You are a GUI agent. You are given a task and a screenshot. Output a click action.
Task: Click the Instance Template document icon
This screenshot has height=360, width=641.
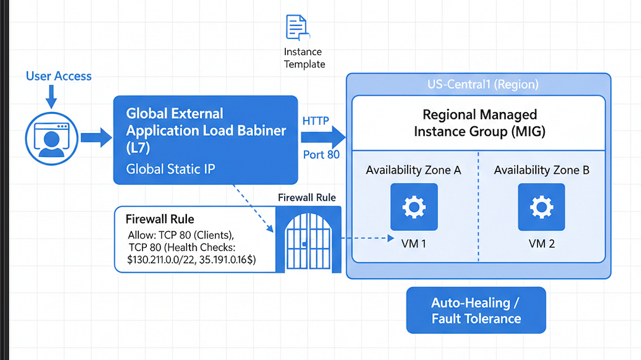point(298,27)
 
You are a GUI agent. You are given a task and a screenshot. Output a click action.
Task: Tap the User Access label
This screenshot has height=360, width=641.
point(59,76)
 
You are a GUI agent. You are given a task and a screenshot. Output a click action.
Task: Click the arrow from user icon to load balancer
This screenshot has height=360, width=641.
point(96,138)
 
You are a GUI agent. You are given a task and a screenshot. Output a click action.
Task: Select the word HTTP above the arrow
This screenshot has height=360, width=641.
point(316,121)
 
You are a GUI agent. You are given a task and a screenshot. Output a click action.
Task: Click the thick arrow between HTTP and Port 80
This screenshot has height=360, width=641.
point(323,138)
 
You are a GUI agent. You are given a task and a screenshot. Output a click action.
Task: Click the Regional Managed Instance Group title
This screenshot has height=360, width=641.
point(479,123)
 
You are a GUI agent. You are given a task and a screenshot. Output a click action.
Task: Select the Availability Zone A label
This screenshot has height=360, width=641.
point(413,170)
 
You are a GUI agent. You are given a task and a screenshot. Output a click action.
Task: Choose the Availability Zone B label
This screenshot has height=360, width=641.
point(542,170)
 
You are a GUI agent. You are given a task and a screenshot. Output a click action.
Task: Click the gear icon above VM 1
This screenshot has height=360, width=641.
point(414,207)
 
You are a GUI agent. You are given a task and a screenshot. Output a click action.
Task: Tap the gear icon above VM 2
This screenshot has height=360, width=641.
point(542,207)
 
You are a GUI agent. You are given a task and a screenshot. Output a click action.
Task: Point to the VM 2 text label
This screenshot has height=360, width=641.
point(542,244)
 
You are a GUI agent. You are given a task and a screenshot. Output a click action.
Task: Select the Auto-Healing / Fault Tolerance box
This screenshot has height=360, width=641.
point(476,310)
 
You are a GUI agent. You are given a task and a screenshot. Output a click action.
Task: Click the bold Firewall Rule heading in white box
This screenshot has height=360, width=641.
point(160,219)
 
